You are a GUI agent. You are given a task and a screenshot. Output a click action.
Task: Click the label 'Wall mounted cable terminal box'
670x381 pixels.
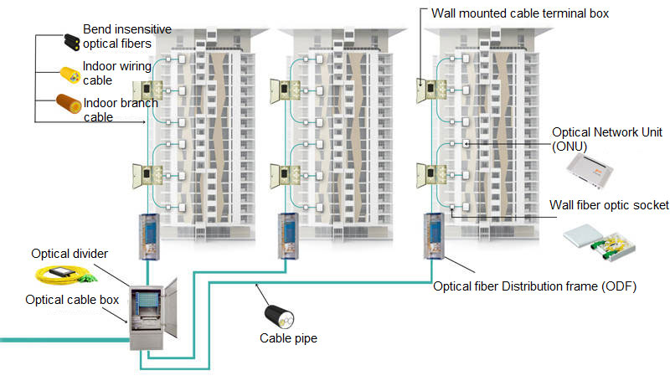[519, 13]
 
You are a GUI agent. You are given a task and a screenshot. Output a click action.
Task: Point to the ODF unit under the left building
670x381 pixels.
[147, 236]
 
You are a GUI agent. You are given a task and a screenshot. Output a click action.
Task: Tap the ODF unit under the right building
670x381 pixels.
[434, 236]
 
